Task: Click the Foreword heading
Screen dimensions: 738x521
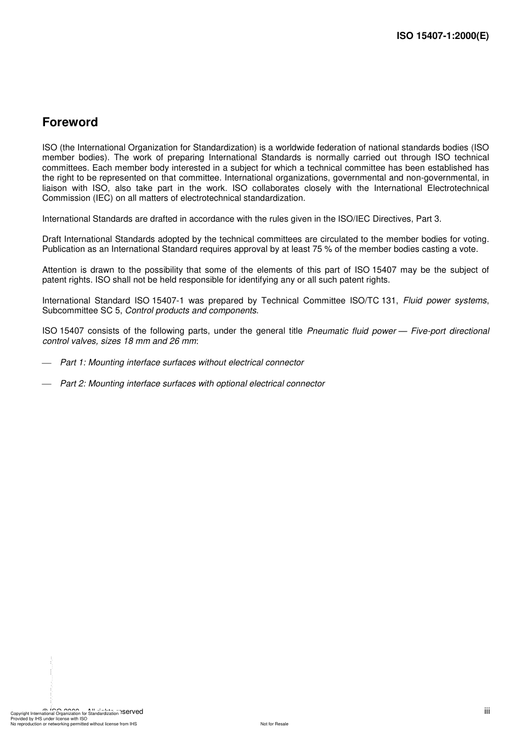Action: pos(70,122)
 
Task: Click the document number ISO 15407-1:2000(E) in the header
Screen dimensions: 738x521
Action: pos(443,36)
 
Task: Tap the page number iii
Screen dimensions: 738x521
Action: pos(487,711)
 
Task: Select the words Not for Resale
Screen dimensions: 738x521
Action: pos(274,724)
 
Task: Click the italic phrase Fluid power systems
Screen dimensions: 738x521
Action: pos(445,300)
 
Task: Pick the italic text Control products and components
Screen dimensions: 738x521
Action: pos(191,311)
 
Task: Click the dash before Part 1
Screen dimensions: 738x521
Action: pos(47,363)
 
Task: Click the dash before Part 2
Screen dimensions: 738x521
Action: pos(47,384)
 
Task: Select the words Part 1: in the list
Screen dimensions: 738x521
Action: pos(73,363)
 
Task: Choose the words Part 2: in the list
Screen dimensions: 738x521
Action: pos(73,384)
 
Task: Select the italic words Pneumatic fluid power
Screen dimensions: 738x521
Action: pos(352,331)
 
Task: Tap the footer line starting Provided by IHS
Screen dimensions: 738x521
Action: pos(49,718)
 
